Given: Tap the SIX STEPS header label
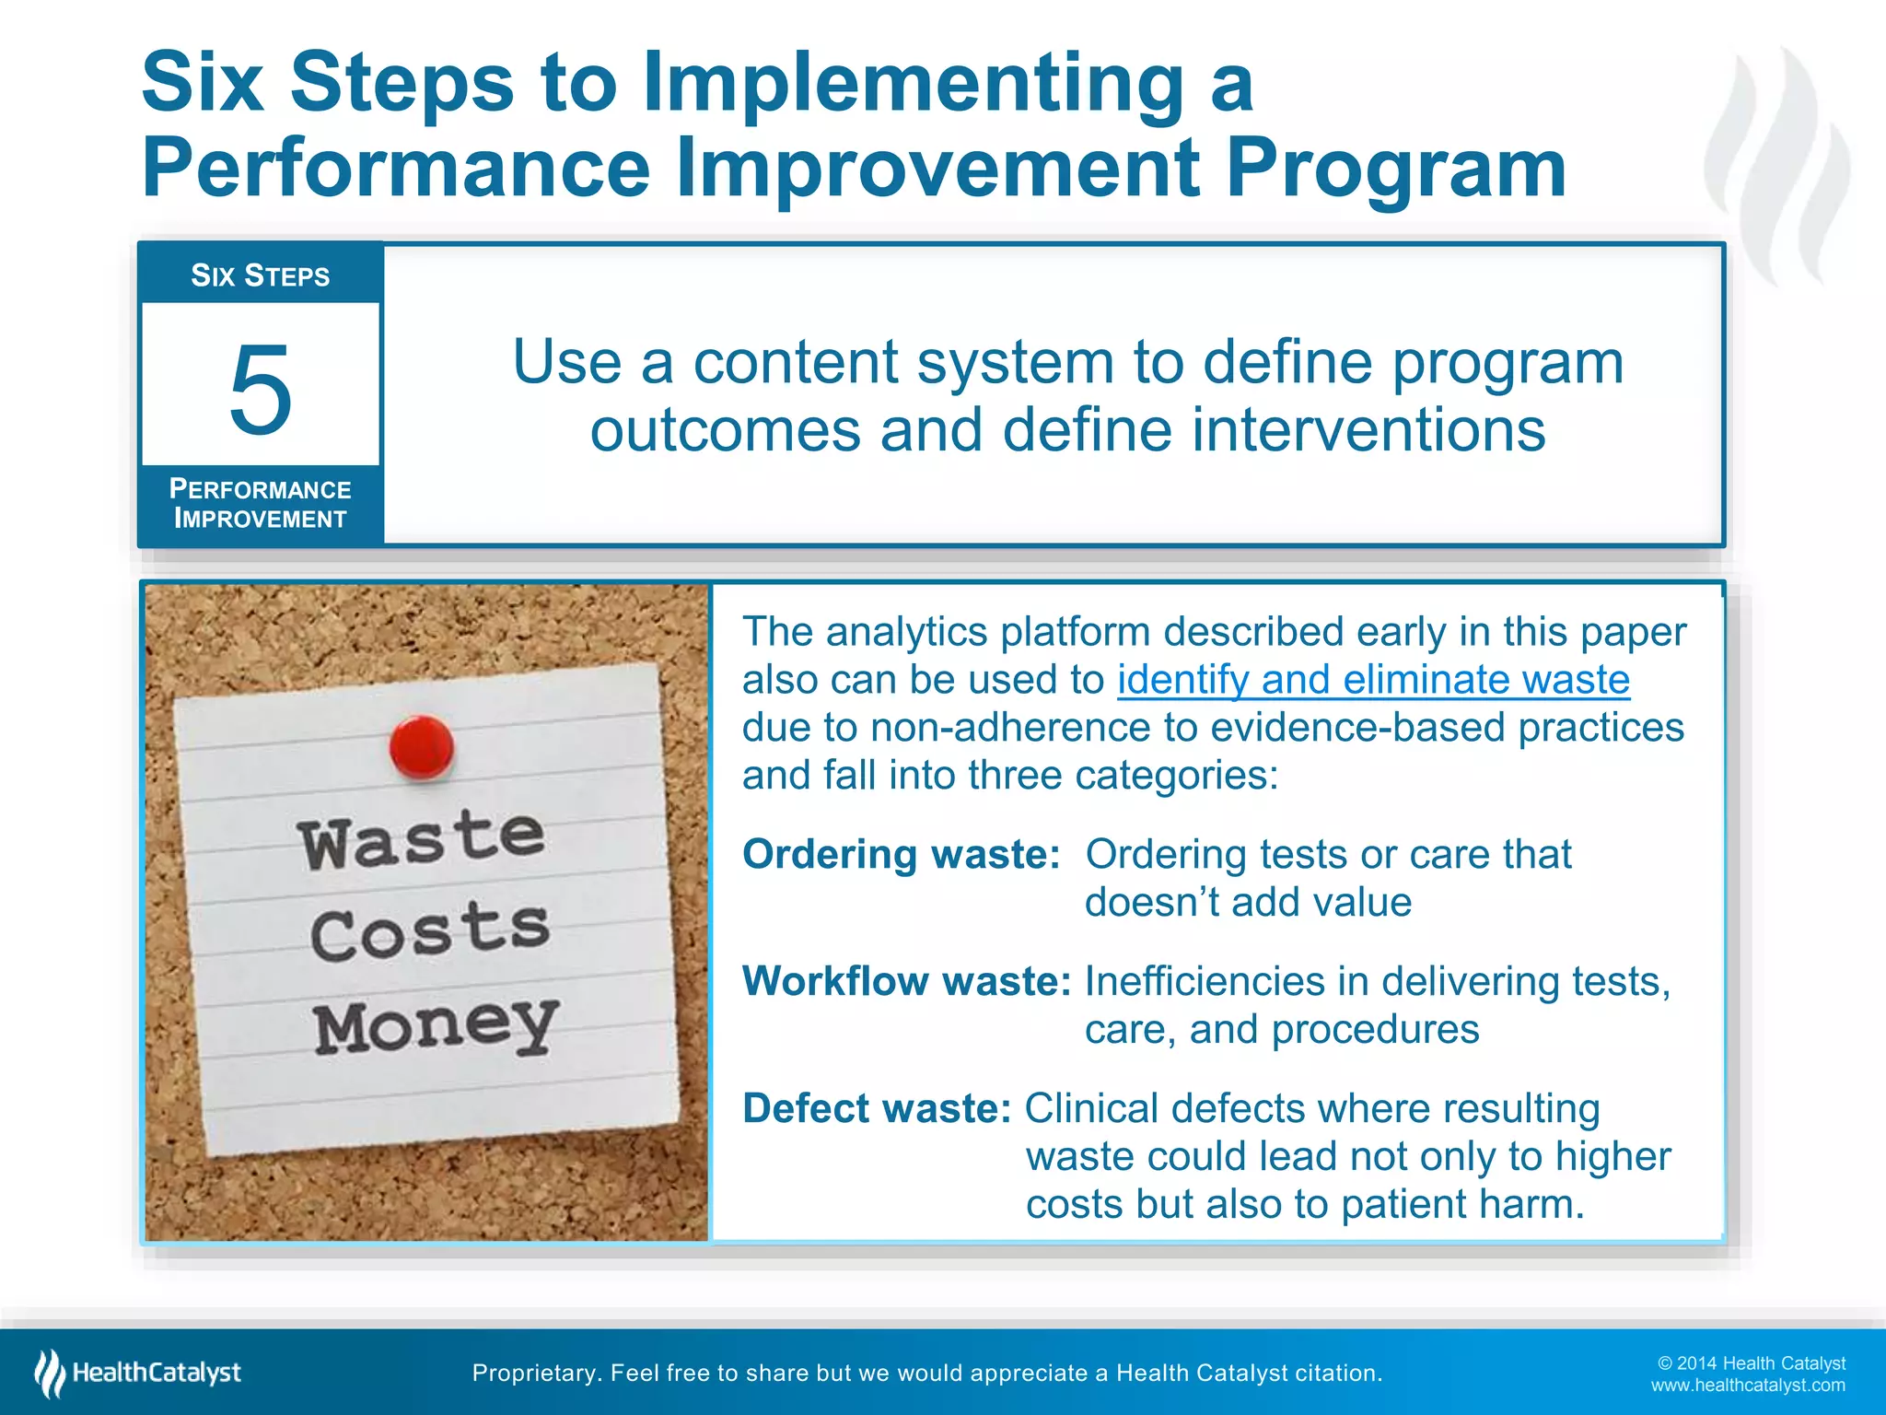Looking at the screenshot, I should [260, 275].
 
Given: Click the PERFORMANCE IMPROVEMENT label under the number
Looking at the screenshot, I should [260, 504].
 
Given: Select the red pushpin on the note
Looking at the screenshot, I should [422, 746].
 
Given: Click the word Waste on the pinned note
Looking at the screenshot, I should [422, 838].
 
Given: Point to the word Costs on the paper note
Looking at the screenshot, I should [430, 931].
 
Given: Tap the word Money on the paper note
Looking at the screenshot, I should [436, 1025].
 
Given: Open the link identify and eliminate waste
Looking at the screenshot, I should [1373, 680].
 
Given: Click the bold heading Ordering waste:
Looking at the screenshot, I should [902, 855].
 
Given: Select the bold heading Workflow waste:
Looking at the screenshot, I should [906, 981].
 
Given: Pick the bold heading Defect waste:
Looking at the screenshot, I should [877, 1108].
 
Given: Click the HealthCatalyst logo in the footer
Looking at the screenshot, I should [138, 1373].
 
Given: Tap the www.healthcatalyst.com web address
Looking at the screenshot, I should [1747, 1386].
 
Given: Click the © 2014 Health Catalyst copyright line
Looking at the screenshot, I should [1751, 1363].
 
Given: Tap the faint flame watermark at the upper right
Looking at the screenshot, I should [1777, 166].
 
